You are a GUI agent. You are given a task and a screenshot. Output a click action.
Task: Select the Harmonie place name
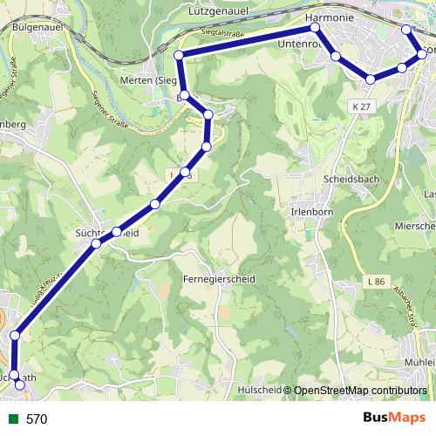(328, 17)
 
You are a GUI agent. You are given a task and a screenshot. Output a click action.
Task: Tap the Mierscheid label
(417, 226)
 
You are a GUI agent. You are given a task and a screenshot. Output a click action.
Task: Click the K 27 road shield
(363, 106)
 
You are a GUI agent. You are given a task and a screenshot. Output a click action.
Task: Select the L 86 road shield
(376, 282)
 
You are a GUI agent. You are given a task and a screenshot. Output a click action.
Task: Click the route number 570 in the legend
(37, 419)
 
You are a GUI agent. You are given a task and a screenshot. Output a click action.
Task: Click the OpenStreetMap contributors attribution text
(361, 392)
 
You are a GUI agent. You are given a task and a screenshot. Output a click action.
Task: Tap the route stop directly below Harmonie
(317, 29)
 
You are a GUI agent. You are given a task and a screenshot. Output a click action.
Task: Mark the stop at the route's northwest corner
(179, 55)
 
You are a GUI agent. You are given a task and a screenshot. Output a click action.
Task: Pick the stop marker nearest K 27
(371, 79)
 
